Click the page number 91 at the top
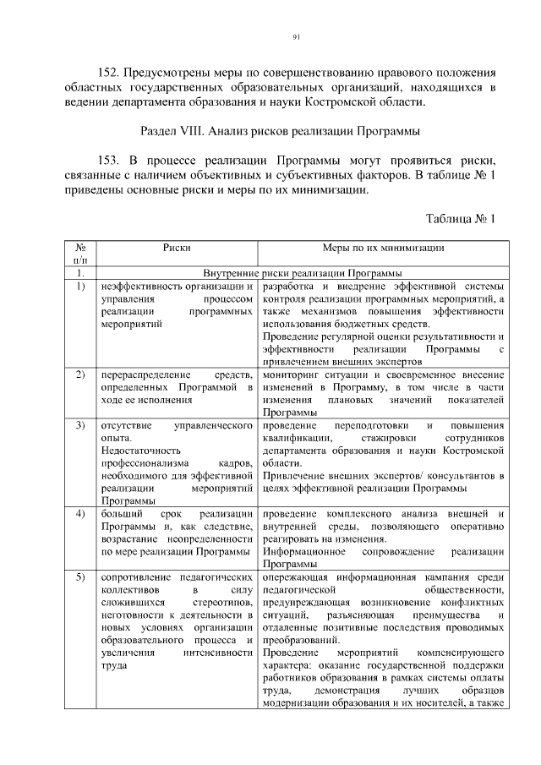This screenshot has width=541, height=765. [297, 36]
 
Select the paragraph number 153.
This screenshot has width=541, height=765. [112, 161]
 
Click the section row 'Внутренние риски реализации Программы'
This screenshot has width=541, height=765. [303, 273]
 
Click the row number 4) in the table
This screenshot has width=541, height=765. [79, 514]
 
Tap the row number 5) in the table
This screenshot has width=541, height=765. [79, 576]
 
